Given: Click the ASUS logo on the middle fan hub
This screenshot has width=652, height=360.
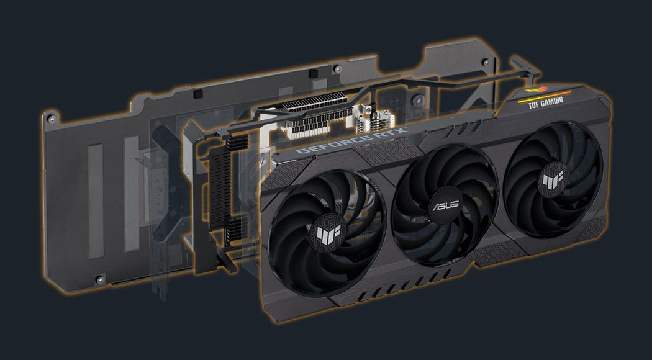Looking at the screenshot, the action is click(x=446, y=205).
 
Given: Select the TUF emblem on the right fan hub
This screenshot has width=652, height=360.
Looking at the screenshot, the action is click(x=553, y=179).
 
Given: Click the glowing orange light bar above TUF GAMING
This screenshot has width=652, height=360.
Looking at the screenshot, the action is click(x=545, y=95).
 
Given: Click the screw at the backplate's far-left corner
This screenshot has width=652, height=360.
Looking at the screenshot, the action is click(x=51, y=119).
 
